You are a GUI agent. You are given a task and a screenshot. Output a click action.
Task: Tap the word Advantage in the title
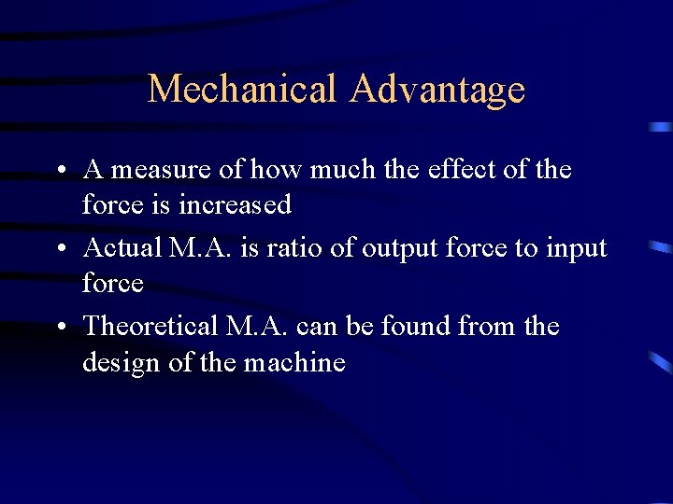pos(437,90)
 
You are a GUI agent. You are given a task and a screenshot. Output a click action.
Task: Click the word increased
pos(241,203)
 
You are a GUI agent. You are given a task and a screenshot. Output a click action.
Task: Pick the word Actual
pos(121,248)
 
